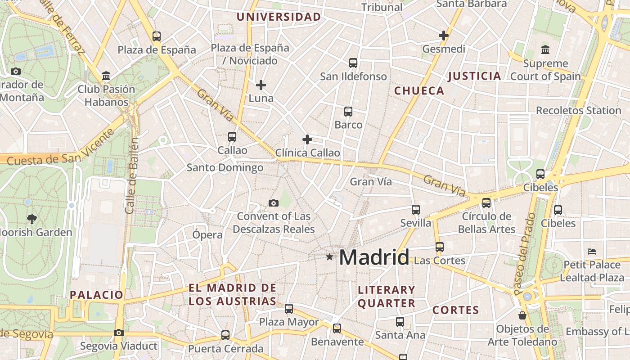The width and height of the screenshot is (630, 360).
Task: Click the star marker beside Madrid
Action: coord(330,257)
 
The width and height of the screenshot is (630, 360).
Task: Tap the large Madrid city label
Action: coord(374,257)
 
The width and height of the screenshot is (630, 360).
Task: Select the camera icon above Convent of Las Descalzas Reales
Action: coord(273,203)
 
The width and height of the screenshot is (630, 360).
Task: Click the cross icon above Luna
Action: coord(261,85)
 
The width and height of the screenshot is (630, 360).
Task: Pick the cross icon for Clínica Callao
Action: coord(307,139)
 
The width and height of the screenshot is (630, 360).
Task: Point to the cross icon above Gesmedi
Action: coord(444,36)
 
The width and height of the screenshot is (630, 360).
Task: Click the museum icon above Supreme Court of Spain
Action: coord(545,49)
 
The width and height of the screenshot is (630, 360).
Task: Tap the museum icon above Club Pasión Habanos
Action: coord(106,76)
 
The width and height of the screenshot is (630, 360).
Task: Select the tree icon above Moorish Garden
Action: coord(31,219)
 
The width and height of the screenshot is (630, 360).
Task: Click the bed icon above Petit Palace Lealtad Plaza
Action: coord(592,251)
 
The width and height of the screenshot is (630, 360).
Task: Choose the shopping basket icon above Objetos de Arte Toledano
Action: coord(522,315)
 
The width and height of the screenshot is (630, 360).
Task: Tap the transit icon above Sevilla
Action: coord(415,210)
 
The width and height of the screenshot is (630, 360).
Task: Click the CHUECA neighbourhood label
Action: coord(419,91)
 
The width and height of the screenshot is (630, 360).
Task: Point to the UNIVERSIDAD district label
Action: coord(279,17)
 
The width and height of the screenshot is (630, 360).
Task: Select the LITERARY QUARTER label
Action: coord(387,297)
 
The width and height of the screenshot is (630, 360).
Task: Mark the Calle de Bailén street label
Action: coord(131,175)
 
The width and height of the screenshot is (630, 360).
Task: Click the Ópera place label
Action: coord(207,234)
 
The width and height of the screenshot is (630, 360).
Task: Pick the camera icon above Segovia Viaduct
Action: coord(118,333)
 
